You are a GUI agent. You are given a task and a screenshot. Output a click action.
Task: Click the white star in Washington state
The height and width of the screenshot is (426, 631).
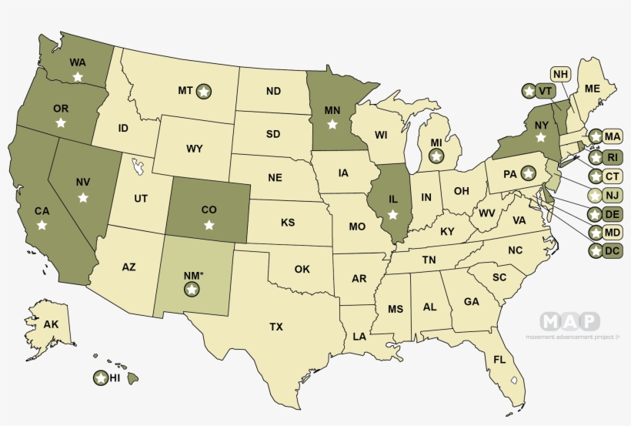(x=78, y=76)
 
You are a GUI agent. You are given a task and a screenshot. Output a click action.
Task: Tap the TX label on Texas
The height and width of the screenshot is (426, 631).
(x=276, y=327)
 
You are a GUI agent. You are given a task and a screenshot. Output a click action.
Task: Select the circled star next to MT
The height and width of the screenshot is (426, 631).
(x=204, y=91)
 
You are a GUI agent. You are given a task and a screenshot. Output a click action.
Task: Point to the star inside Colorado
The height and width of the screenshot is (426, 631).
(x=209, y=225)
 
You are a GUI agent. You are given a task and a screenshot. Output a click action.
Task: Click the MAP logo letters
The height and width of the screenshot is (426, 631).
(x=569, y=321)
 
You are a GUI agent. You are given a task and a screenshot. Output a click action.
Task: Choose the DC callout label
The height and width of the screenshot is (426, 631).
(x=613, y=250)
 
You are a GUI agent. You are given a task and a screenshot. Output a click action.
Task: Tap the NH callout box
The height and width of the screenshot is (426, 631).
(x=561, y=74)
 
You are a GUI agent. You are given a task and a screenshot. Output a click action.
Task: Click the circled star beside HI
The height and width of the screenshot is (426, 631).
(x=100, y=378)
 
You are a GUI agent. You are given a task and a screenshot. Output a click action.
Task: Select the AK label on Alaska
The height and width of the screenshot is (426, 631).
(x=51, y=324)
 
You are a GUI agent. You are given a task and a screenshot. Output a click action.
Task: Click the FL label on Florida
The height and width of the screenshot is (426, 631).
(x=499, y=360)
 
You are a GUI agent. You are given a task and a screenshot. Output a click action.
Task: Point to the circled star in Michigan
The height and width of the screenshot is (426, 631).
(x=436, y=156)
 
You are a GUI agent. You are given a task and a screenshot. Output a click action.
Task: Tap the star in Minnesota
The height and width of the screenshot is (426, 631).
(x=332, y=123)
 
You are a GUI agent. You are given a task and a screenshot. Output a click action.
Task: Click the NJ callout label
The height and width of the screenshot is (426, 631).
(x=613, y=195)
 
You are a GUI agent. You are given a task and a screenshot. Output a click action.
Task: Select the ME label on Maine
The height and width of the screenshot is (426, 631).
(x=592, y=89)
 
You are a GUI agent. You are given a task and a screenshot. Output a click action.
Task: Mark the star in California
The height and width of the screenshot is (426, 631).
(x=42, y=225)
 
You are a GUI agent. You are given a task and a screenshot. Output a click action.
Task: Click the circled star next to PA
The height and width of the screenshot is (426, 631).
(x=528, y=173)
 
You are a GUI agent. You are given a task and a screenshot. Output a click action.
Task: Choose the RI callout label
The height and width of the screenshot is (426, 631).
(x=613, y=157)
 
